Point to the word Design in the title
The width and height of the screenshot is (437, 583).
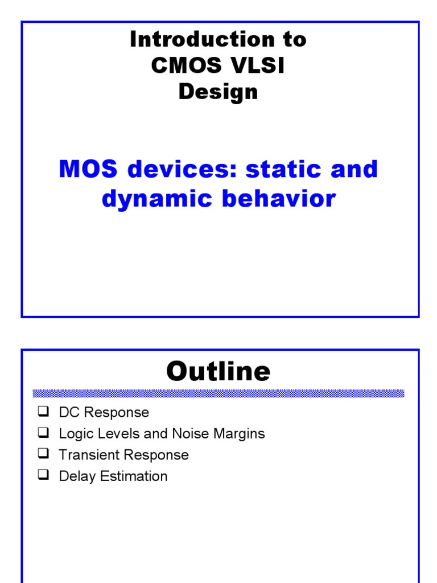pyautogui.click(x=218, y=92)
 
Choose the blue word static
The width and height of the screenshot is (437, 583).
pyautogui.click(x=282, y=169)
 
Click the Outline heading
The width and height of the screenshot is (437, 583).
pyautogui.click(x=218, y=371)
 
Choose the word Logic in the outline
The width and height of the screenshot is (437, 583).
pyautogui.click(x=74, y=434)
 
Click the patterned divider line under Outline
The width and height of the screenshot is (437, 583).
pyautogui.click(x=218, y=393)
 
